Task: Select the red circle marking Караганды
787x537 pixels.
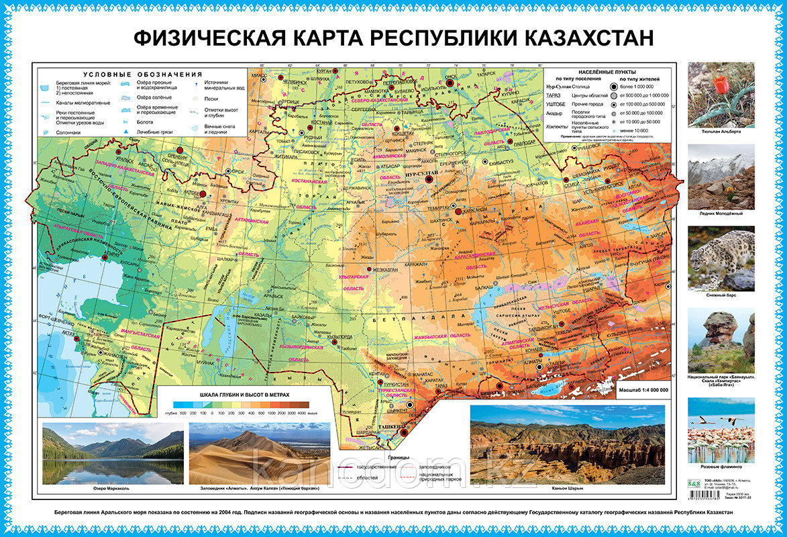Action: tap(459, 211)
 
